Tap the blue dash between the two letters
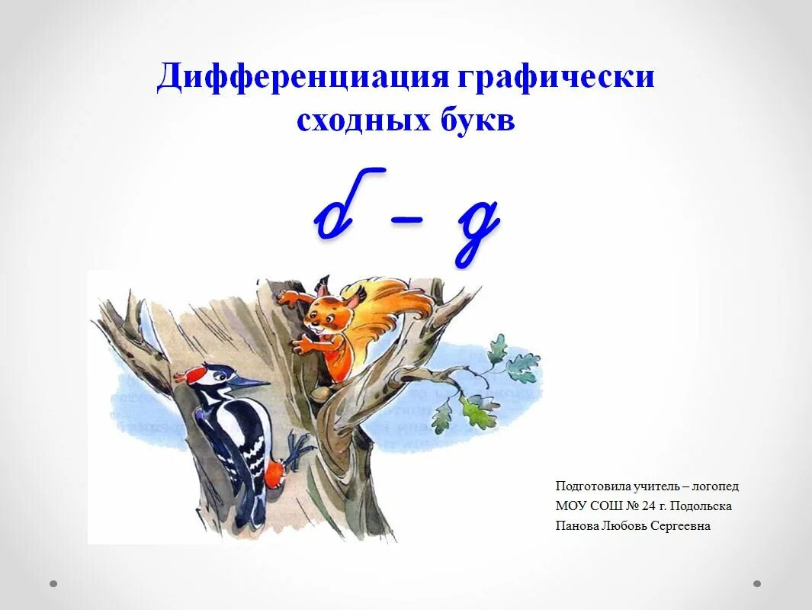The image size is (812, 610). pyautogui.click(x=408, y=219)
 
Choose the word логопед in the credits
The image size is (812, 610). pyautogui.click(x=716, y=486)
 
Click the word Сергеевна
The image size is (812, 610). pyautogui.click(x=680, y=526)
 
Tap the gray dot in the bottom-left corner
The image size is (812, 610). pyautogui.click(x=53, y=584)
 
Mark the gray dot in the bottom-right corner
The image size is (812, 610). pyautogui.click(x=757, y=584)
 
